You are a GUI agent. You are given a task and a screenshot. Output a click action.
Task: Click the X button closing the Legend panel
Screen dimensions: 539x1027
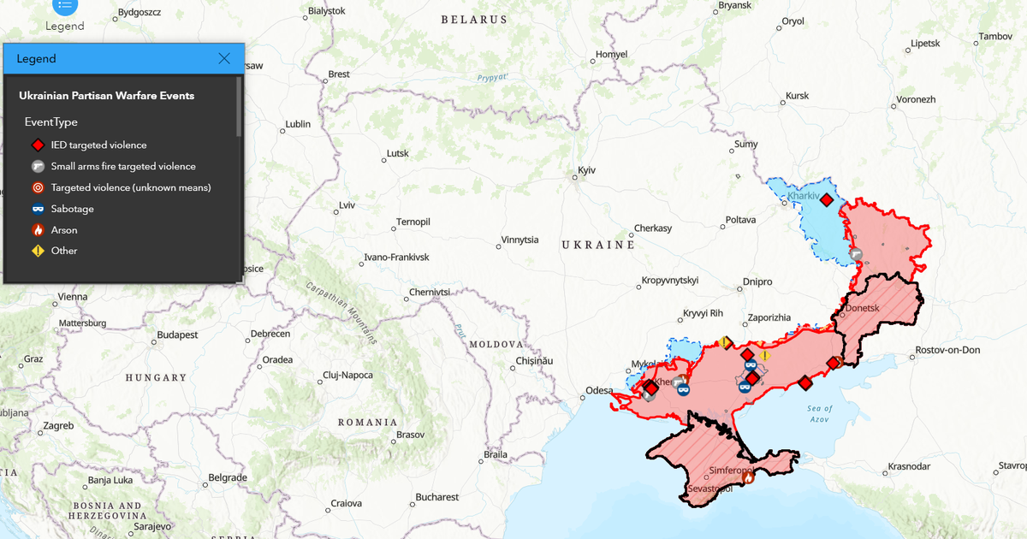[x=224, y=58]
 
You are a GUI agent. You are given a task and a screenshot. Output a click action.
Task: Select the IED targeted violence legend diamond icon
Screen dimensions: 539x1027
[x=38, y=145]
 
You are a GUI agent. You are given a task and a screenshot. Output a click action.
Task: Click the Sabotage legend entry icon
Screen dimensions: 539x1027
[x=38, y=209]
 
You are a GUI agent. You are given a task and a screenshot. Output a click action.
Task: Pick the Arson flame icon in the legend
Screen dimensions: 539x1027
[x=38, y=230]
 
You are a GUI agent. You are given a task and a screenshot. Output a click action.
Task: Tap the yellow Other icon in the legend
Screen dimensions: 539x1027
[x=38, y=251]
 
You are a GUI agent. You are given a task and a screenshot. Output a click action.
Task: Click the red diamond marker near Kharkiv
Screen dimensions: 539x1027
[x=826, y=199]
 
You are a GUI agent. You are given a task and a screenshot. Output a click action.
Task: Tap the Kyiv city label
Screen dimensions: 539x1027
[x=586, y=170]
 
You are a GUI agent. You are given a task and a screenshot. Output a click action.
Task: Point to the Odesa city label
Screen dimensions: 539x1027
[x=599, y=390]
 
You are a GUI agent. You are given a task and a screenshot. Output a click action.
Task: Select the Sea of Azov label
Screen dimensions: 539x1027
[x=819, y=413]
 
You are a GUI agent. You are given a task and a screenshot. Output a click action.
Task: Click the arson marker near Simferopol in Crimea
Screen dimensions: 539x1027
[x=747, y=478]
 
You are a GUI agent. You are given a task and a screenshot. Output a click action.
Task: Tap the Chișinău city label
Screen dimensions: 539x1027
[x=534, y=361]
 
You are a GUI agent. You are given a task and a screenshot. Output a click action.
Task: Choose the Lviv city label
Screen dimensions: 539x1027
[x=347, y=205]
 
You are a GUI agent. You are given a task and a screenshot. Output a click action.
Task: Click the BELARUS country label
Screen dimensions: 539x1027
[x=474, y=19]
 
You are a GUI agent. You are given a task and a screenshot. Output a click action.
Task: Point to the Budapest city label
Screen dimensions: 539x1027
[x=177, y=335]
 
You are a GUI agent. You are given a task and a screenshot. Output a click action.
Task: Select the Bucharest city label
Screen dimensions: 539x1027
[x=437, y=497]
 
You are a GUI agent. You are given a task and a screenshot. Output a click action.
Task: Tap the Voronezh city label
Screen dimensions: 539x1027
[x=916, y=99]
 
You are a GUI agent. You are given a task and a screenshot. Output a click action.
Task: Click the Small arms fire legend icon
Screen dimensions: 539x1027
[x=38, y=167]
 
